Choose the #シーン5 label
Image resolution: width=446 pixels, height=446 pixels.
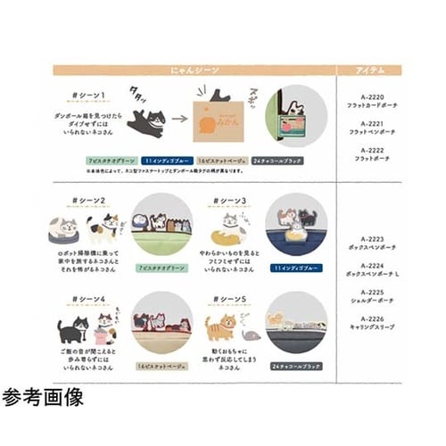[x=229, y=298]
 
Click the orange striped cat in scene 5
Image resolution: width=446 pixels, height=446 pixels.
[x=219, y=329]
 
